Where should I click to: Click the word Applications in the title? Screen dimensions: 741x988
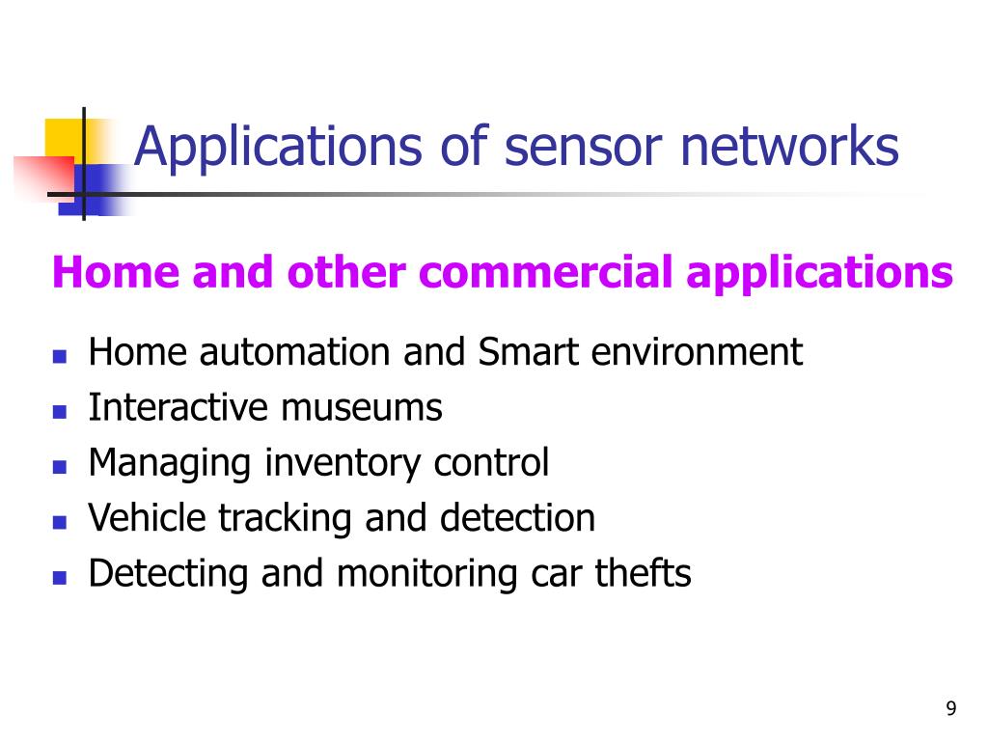(279, 148)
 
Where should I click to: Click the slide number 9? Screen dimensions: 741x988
(951, 709)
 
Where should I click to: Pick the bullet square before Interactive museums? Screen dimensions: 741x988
(59, 411)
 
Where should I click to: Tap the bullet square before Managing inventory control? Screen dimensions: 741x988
(59, 466)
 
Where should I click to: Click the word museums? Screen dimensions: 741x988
(362, 407)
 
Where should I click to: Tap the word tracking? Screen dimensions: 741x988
(286, 518)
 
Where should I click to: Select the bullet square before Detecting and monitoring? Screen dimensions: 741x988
(59, 577)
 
